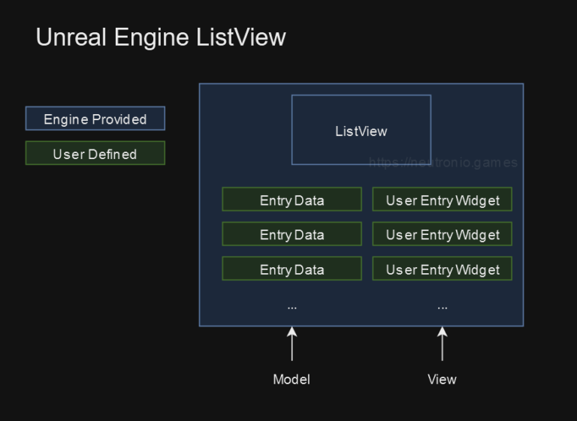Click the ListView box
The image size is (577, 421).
[x=361, y=130]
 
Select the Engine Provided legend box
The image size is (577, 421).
[x=95, y=119]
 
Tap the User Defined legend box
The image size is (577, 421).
[x=95, y=153]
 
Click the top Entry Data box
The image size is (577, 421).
[x=292, y=200]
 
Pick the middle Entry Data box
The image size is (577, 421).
[x=292, y=234]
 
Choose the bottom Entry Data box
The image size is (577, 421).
[x=292, y=269]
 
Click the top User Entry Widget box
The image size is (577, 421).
[x=442, y=200]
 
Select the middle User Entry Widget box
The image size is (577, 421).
[x=442, y=234]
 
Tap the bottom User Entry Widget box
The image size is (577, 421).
[x=442, y=269]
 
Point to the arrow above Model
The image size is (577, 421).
[x=292, y=344]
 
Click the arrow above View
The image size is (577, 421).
[x=442, y=344]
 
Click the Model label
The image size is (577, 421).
[x=292, y=379]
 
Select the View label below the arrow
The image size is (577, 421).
[x=442, y=379]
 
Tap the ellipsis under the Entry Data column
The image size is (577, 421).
[x=292, y=307]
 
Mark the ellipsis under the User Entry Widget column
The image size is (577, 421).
[x=442, y=307]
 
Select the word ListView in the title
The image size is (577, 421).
[x=241, y=38]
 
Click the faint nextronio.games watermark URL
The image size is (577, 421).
[x=443, y=163]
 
